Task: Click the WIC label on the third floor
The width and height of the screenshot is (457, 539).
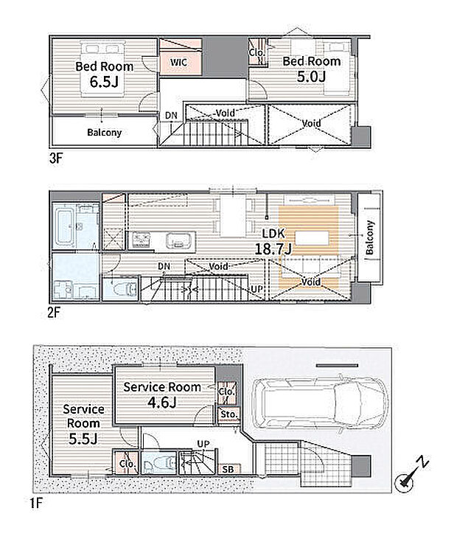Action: click(x=178, y=62)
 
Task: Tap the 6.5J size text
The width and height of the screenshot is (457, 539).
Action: click(x=104, y=82)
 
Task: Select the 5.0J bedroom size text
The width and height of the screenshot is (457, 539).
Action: click(x=311, y=76)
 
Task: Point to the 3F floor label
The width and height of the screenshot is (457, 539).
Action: click(x=56, y=159)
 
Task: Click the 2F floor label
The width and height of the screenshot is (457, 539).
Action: click(x=54, y=313)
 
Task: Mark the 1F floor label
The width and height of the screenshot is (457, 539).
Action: click(x=35, y=504)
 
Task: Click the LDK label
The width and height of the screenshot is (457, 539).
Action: click(x=273, y=234)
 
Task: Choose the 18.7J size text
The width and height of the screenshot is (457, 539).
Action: click(x=273, y=248)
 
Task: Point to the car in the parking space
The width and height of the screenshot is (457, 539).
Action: click(x=320, y=403)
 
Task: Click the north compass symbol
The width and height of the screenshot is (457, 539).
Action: click(x=411, y=475)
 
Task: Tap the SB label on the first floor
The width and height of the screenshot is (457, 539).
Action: click(x=228, y=469)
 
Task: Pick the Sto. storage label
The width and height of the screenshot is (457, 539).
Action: click(x=229, y=414)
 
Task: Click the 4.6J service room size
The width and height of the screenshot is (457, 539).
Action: click(x=162, y=402)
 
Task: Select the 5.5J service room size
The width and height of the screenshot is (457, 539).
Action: click(x=83, y=439)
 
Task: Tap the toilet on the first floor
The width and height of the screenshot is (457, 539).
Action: click(x=158, y=463)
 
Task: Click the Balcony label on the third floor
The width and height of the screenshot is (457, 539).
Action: click(x=104, y=132)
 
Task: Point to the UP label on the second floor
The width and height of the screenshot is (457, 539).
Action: click(x=257, y=290)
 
